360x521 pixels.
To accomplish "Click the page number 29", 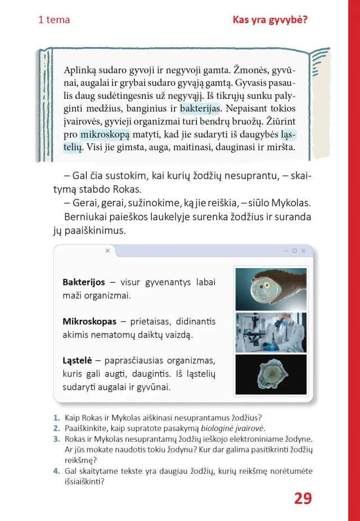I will coord(303,499).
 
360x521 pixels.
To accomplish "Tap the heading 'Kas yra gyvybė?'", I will coord(270,20).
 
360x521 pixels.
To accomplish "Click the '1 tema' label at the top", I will coord(54,20).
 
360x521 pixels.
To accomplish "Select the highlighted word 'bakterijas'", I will coord(201,107).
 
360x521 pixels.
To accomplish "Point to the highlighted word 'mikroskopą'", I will coord(105,134).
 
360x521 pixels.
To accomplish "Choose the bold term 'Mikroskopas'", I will coord(90,321).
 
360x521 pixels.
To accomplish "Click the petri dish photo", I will coord(271,289).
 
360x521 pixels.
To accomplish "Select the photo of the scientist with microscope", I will coord(271,332).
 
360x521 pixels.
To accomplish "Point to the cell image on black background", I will coord(271,374).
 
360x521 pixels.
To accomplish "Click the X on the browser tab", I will coord(107,251).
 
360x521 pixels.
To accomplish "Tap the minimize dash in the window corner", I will coord(286,251).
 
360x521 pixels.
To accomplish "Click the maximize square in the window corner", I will coord(294,251).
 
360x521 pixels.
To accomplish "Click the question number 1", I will coord(56,417).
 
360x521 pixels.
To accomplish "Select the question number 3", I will coord(56,438).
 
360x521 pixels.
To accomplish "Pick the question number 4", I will coord(56,471).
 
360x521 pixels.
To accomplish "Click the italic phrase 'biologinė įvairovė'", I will coord(233,428).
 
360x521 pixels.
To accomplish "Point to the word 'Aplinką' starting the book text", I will coord(82,70).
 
